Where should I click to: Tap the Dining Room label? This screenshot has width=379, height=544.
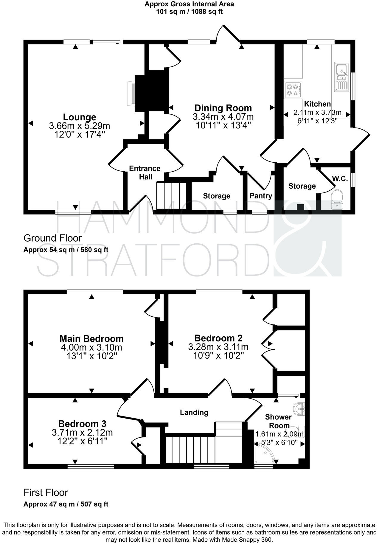pyautogui.click(x=223, y=108)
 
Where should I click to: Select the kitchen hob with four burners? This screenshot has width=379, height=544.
pyautogui.click(x=293, y=90)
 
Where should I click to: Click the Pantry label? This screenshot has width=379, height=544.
pyautogui.click(x=261, y=196)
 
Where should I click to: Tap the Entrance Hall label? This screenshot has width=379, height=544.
pyautogui.click(x=145, y=172)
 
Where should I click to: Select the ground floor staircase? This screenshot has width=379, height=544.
pyautogui.click(x=171, y=196)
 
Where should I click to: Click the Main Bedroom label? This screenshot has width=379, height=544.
pyautogui.click(x=91, y=339)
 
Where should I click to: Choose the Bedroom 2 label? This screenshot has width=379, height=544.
pyautogui.click(x=218, y=338)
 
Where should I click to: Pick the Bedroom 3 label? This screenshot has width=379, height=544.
pyautogui.click(x=82, y=424)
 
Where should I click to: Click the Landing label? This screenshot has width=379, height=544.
pyautogui.click(x=194, y=412)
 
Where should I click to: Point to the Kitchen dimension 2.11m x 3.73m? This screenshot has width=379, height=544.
pyautogui.click(x=317, y=113)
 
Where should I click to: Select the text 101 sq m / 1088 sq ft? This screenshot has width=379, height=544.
pyautogui.click(x=189, y=12)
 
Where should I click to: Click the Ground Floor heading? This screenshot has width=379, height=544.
pyautogui.click(x=52, y=238)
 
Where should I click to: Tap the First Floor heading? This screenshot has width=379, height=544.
pyautogui.click(x=46, y=493)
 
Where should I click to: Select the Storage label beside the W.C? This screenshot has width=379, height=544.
pyautogui.click(x=302, y=186)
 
